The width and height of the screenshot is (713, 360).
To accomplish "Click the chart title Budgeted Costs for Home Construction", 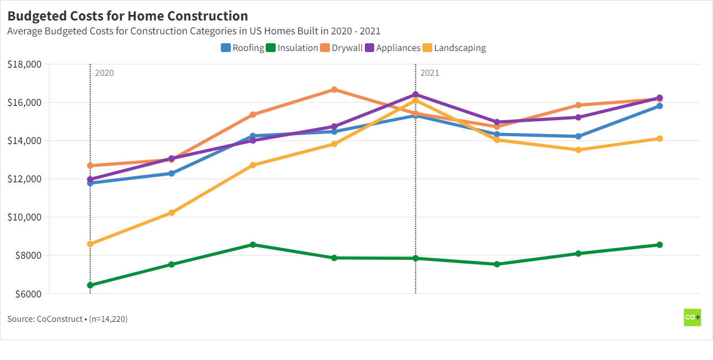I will [x=127, y=16].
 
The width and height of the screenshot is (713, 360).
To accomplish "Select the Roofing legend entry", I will [x=242, y=48].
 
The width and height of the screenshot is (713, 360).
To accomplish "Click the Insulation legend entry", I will [x=292, y=48].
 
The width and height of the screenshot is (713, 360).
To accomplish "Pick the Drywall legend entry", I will [x=342, y=48].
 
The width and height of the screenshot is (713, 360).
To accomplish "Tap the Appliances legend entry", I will [x=392, y=48].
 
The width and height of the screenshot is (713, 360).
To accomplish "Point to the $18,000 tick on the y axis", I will [x=25, y=64].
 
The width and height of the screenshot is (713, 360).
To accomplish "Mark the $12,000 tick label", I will [x=25, y=179].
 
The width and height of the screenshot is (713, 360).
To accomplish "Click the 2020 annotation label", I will [x=104, y=73].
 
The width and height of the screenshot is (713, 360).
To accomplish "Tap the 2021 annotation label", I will [x=430, y=73].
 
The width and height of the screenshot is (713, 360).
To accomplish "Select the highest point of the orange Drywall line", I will [x=334, y=90].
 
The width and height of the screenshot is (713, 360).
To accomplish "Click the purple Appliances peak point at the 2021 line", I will [x=416, y=95].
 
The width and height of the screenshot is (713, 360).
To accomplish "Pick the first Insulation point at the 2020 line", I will [x=90, y=285].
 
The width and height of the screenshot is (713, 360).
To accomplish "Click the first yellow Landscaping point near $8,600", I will [x=90, y=244].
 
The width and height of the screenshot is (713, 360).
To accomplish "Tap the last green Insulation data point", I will [x=659, y=245].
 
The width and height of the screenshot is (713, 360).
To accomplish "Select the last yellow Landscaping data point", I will [x=659, y=138].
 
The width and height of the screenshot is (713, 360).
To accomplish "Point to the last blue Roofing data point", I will [x=659, y=106].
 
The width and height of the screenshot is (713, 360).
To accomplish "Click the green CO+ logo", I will [x=692, y=317].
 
